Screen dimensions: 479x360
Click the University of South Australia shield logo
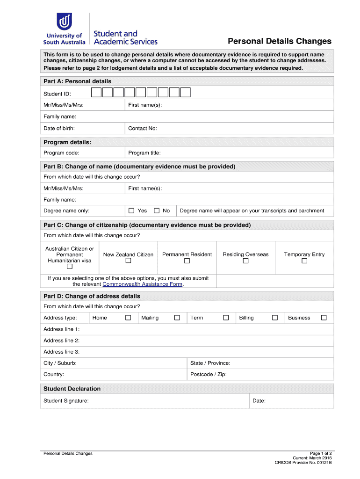pyautogui.click(x=64, y=21)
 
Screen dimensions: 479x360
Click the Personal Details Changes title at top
pyautogui.click(x=279, y=41)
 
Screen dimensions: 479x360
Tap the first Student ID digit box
pyautogui.click(x=96, y=92)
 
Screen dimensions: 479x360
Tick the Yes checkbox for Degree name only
pyautogui.click(x=131, y=210)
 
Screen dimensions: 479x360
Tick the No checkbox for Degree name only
pyautogui.click(x=157, y=210)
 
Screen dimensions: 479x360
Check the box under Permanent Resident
pyautogui.click(x=187, y=261)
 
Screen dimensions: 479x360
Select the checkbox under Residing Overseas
pyautogui.click(x=245, y=261)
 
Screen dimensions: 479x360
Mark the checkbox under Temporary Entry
pyautogui.click(x=304, y=261)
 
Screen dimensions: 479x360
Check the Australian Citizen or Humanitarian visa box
pyautogui.click(x=69, y=267)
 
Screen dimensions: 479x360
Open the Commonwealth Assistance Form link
pyautogui.click(x=142, y=284)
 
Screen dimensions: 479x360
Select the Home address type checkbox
pyautogui.click(x=128, y=318)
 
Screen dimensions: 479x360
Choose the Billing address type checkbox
pyautogui.click(x=275, y=318)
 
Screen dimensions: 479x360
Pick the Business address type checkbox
pyautogui.click(x=324, y=318)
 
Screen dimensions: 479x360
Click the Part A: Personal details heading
pyautogui.click(x=77, y=81)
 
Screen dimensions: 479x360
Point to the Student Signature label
pyautogui.click(x=66, y=400)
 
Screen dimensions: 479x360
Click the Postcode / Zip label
pyautogui.click(x=208, y=374)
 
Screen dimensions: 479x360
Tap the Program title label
pyautogui.click(x=144, y=152)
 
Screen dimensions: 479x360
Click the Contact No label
pyautogui.click(x=143, y=128)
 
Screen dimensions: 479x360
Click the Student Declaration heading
pyautogui.click(x=72, y=388)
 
